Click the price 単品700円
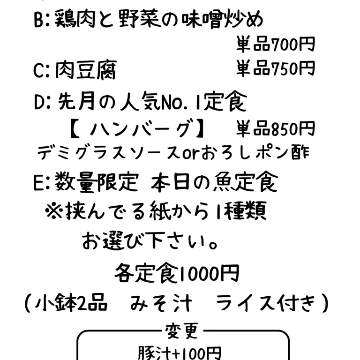(x=276, y=45)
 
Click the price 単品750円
(x=276, y=68)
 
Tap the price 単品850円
(x=276, y=129)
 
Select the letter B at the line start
(x=38, y=20)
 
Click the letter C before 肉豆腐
(x=38, y=70)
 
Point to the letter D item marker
(x=39, y=102)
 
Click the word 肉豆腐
(x=86, y=70)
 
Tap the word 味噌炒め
(x=222, y=20)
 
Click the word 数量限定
(x=97, y=182)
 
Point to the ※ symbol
(x=53, y=211)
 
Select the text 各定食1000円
(x=177, y=273)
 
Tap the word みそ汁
(x=161, y=303)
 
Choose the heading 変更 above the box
(x=181, y=331)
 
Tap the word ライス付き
(x=266, y=303)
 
